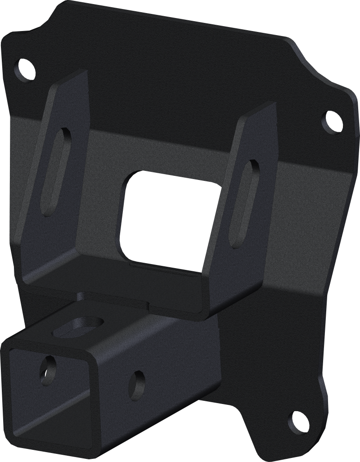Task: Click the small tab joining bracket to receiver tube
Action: (x=81, y=296)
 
